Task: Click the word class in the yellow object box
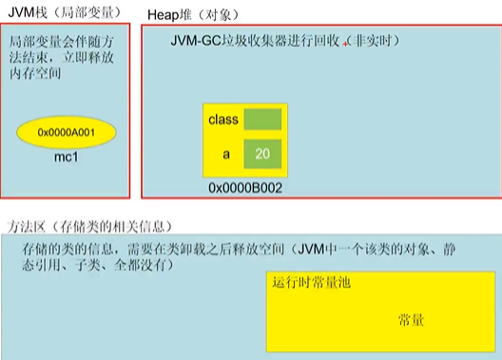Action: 222,120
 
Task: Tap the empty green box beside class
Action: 262,120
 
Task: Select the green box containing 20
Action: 262,153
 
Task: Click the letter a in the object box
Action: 227,153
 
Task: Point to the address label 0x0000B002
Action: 244,188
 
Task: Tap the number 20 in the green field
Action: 262,153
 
